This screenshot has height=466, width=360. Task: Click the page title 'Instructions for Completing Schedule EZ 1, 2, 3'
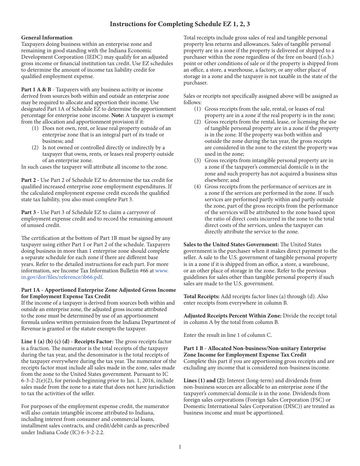pyautogui.click(x=180, y=24)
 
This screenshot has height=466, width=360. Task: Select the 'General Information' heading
pyautogui.click(x=47, y=38)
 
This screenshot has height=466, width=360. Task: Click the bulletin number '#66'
pyautogui.click(x=141, y=271)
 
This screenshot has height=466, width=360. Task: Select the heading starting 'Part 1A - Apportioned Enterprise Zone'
pyautogui.click(x=99, y=290)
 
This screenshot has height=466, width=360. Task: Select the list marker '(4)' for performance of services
pyautogui.click(x=198, y=186)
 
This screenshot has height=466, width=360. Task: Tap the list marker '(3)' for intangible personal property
pyautogui.click(x=198, y=160)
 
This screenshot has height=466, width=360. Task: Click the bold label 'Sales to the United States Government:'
pyautogui.click(x=231, y=244)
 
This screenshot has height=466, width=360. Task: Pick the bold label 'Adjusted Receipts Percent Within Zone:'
pyautogui.click(x=232, y=316)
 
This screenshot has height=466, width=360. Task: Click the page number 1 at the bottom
pyautogui.click(x=180, y=447)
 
